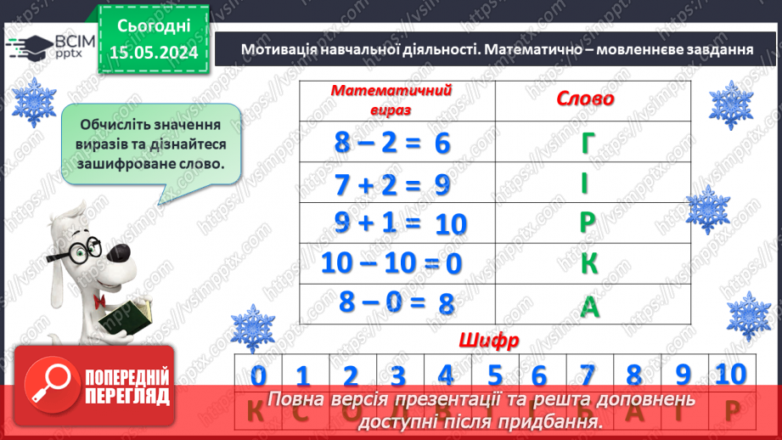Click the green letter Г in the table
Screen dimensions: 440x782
pyautogui.click(x=589, y=145)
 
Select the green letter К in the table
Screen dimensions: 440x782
pyautogui.click(x=589, y=263)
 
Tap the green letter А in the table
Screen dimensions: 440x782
pyautogui.click(x=589, y=306)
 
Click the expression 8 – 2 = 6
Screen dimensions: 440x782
pyautogui.click(x=391, y=144)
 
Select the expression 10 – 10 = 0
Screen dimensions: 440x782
pyautogui.click(x=391, y=263)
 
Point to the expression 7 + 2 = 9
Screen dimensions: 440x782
pyautogui.click(x=391, y=184)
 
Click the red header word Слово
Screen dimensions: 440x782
pyautogui.click(x=585, y=99)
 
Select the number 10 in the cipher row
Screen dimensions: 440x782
pyautogui.click(x=729, y=373)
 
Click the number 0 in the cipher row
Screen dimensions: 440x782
pyautogui.click(x=259, y=375)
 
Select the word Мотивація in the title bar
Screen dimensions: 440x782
pyautogui.click(x=279, y=49)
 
